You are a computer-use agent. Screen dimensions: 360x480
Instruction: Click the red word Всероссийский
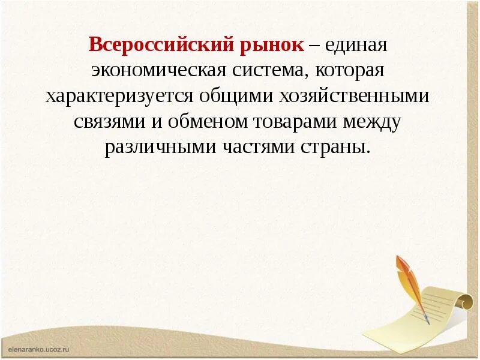[152, 44]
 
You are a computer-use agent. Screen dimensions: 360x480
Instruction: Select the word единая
[356, 44]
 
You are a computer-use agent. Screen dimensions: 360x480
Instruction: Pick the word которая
[351, 70]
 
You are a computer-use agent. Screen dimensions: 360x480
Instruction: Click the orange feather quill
[411, 282]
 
